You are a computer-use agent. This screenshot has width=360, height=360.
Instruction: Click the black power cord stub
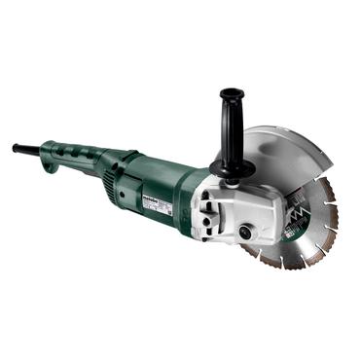(x=24, y=149)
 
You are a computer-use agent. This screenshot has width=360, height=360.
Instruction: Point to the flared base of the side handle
(x=231, y=168)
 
